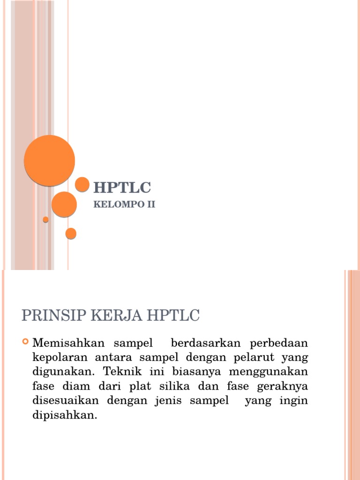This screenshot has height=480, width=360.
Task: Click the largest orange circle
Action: coord(49,160)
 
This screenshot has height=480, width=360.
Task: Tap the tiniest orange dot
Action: coord(45,219)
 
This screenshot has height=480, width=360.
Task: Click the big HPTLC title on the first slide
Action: coord(122,188)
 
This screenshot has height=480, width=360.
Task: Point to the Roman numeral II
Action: coord(150,204)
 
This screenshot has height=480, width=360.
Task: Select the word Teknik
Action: coord(121,372)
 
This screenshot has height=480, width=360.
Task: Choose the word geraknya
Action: coord(284,387)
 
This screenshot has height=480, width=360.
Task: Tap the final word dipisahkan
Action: coord(64,416)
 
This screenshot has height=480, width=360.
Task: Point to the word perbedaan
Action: coord(278,343)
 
